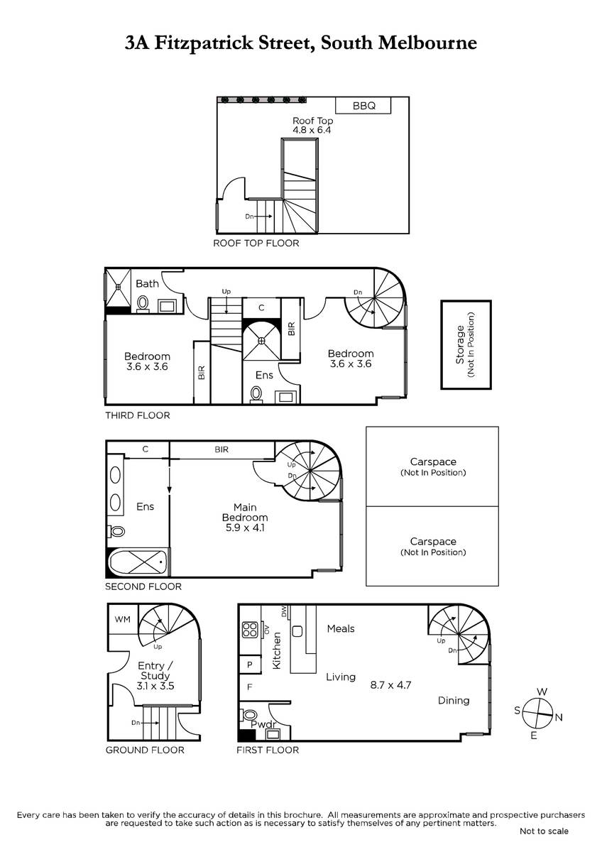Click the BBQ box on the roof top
tap(363, 105)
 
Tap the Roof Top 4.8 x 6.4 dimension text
tap(312, 130)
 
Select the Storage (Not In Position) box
tap(466, 344)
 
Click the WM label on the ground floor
tap(122, 619)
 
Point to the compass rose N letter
tap(559, 717)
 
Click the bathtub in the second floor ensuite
tap(138, 562)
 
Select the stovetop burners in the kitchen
tap(250, 630)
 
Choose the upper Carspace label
tap(433, 461)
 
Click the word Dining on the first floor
tap(454, 700)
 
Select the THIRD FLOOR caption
tap(138, 415)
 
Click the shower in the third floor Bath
tap(118, 287)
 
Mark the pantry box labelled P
tap(250, 665)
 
